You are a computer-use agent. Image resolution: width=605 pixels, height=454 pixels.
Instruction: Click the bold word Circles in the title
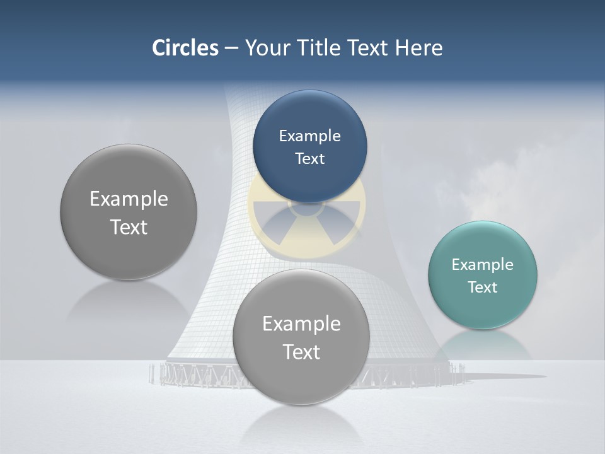click(185, 48)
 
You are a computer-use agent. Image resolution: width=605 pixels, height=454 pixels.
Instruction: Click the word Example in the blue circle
click(309, 136)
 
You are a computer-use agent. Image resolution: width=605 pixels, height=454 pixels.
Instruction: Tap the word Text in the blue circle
click(309, 158)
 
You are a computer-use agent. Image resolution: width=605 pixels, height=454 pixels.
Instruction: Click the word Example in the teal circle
click(483, 264)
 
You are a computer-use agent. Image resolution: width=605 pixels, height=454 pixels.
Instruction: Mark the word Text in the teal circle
click(483, 287)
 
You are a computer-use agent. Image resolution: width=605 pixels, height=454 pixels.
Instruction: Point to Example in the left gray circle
click(129, 199)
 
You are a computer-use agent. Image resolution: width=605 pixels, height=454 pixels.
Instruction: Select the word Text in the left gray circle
click(129, 227)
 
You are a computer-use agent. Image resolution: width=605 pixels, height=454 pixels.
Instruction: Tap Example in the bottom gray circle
click(301, 323)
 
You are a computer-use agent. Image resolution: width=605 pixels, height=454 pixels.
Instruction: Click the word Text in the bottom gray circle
click(301, 352)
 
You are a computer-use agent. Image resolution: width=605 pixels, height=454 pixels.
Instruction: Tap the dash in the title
click(231, 48)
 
